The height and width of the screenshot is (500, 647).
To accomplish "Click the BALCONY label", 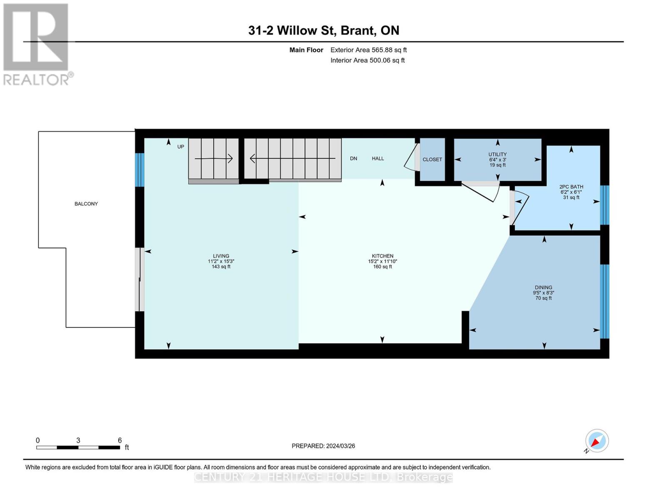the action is click(x=86, y=204).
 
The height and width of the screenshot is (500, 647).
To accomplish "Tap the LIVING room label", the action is click(x=221, y=256).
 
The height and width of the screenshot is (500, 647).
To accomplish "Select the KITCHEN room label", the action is click(x=382, y=256).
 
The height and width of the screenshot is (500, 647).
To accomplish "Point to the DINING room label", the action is click(x=543, y=287).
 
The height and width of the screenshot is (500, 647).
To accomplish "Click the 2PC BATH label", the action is click(x=571, y=187).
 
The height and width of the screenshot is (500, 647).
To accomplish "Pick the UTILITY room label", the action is click(x=497, y=154).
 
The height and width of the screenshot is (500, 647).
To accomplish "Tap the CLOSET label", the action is click(x=432, y=159).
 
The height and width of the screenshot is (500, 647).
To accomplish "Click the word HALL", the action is click(x=378, y=158).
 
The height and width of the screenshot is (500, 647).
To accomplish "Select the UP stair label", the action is click(x=181, y=147).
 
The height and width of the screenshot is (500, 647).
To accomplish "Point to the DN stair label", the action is click(x=353, y=158).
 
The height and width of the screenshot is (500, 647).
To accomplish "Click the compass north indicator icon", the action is click(x=597, y=441).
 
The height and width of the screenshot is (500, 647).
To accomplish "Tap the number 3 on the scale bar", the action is click(x=78, y=440).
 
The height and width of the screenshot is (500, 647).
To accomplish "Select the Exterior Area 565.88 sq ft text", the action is click(x=368, y=50).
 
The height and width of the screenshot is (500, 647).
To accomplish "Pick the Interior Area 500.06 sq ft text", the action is click(x=367, y=60).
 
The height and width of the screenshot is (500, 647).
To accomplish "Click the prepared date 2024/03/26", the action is click(x=340, y=446).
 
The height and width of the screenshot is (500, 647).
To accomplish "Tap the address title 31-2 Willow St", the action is click(x=292, y=30).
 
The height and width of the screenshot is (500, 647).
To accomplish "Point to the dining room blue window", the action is click(x=605, y=301).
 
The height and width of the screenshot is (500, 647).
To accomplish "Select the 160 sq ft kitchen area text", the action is click(x=382, y=267).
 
